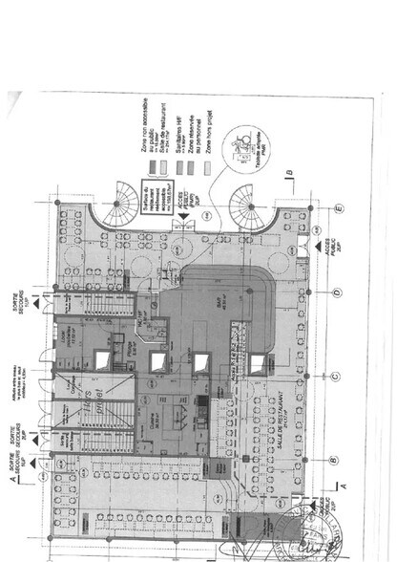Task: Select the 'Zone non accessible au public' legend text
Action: [x=144, y=120]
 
